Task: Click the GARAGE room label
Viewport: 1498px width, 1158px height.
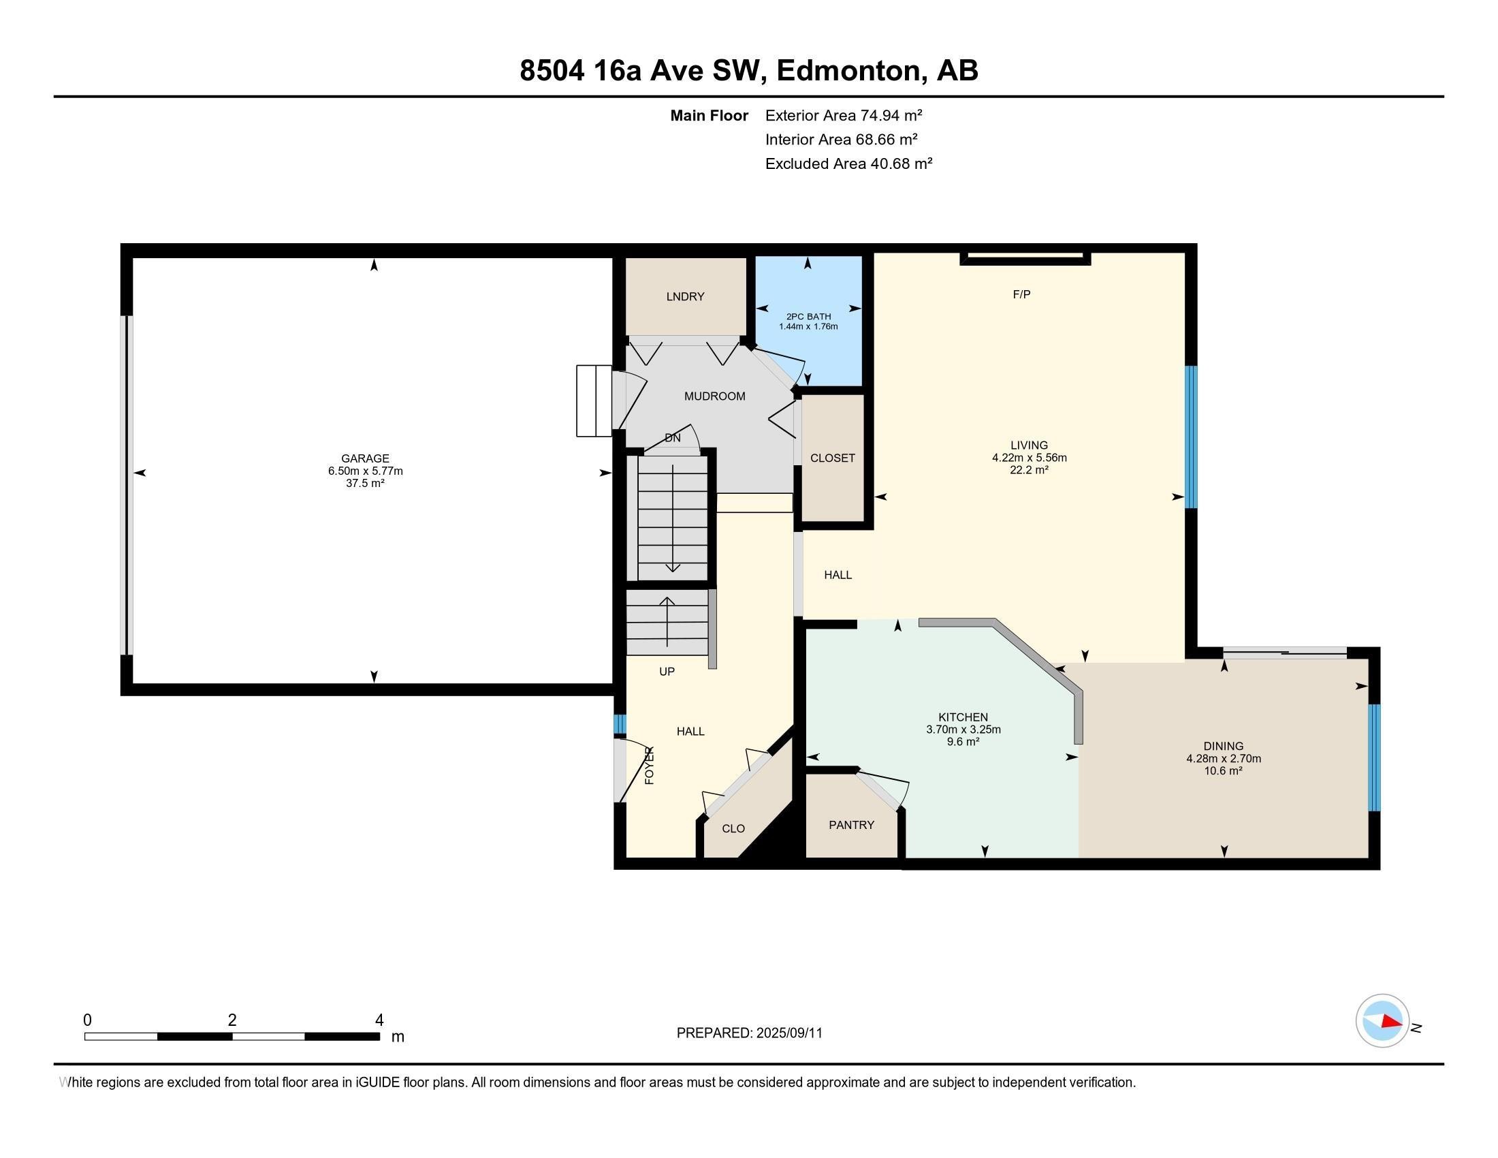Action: coord(365,458)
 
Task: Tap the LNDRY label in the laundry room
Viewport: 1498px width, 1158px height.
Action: coord(685,296)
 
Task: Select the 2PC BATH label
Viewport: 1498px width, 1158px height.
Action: coord(808,316)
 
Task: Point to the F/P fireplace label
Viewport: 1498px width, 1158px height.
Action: coord(1021,294)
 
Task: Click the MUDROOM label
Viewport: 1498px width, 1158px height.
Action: coord(715,396)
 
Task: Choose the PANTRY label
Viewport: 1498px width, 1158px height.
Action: coord(851,825)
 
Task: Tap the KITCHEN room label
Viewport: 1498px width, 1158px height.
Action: coord(963,717)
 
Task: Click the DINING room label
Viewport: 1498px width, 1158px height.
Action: coord(1223,746)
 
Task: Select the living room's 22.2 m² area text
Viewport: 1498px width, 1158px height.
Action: coord(1029,470)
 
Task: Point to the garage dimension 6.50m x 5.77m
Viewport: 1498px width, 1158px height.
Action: coord(365,471)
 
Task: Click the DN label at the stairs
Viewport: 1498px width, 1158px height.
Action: coord(672,438)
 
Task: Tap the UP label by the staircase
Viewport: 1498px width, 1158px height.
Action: coord(667,672)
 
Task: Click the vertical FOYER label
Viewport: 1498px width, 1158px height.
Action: coord(650,766)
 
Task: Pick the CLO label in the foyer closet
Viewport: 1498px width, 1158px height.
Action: coord(733,829)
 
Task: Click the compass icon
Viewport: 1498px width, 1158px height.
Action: coord(1382,1020)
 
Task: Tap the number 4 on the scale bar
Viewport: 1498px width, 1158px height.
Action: coord(379,1020)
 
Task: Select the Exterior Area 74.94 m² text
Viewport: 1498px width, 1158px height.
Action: coord(844,115)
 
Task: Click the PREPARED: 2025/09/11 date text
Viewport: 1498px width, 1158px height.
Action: coord(749,1033)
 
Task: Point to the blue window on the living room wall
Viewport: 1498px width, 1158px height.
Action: coord(1192,437)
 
